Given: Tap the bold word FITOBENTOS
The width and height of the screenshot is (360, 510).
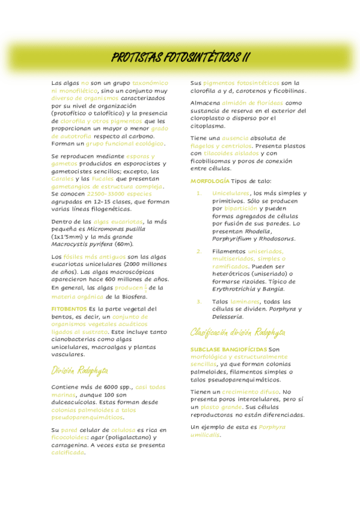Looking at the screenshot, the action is point(69,309).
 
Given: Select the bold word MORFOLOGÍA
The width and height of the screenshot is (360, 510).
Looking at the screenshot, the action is point(209,181).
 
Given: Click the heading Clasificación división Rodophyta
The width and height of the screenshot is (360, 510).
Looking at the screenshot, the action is point(238,333).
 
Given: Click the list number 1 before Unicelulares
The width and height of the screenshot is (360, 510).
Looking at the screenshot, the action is point(199,194).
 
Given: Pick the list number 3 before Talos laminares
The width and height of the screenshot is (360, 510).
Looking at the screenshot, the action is point(199,302).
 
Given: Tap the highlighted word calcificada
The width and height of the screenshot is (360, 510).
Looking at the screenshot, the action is point(68,453).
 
